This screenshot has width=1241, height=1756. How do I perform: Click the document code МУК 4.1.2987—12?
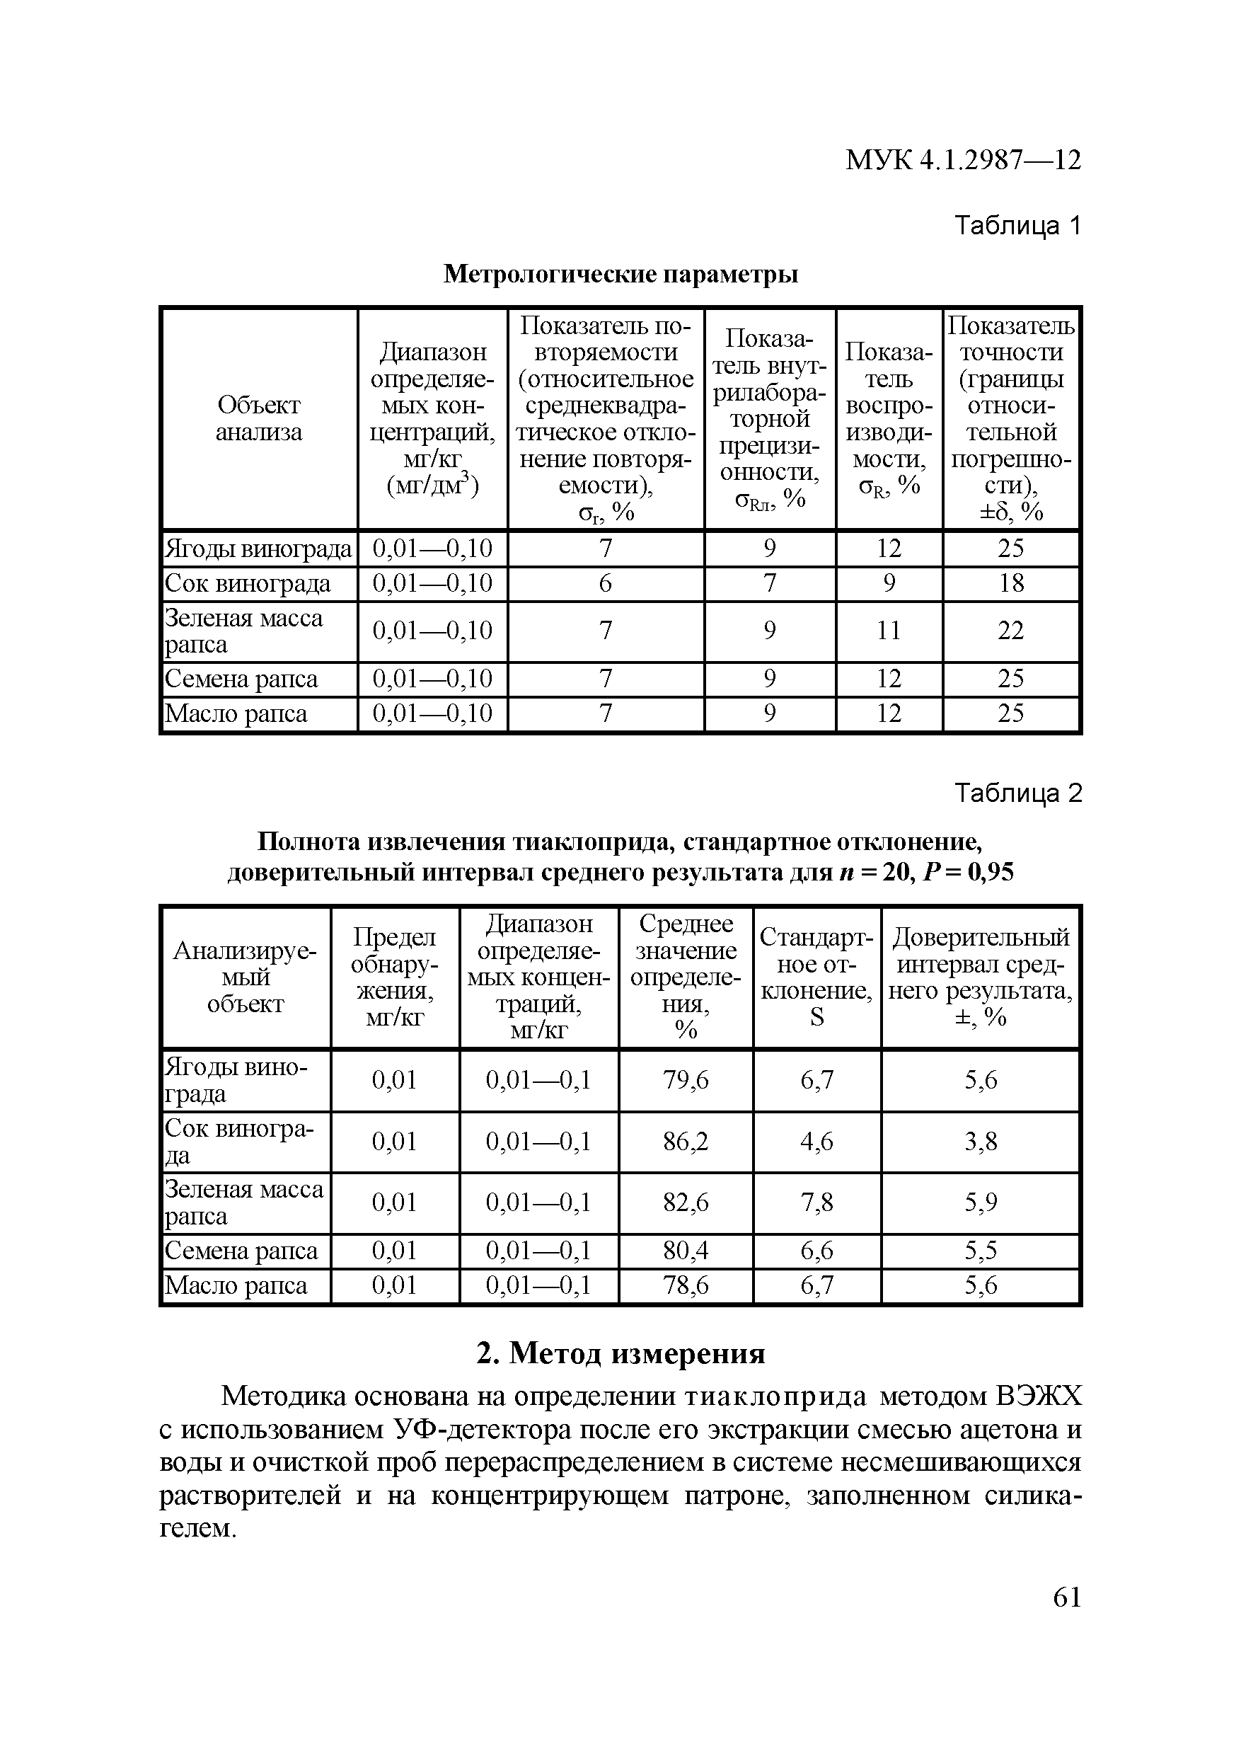pos(963,160)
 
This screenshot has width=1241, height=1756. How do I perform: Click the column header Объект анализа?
pos(258,418)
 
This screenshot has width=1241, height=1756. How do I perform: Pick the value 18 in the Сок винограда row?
pos(1010,583)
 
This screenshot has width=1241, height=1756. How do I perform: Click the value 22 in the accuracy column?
pos(1010,631)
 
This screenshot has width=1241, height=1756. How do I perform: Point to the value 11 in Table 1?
pos(889,631)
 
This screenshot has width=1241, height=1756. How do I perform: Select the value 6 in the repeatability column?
pos(605,583)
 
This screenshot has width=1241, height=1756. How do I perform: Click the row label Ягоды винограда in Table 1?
pos(258,549)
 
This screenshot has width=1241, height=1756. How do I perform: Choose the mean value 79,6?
pos(685,1080)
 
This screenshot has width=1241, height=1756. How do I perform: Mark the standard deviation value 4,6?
pos(816,1142)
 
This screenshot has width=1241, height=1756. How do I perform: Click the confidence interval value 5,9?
pos(980,1203)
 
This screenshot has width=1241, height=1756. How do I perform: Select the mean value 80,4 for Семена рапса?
pos(685,1251)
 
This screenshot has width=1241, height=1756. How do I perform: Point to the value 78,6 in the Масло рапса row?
pos(685,1285)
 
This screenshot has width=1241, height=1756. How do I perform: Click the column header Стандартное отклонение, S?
pos(816,977)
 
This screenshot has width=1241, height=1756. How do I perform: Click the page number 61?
pos(1067,1597)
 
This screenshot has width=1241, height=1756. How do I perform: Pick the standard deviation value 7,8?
pos(816,1203)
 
